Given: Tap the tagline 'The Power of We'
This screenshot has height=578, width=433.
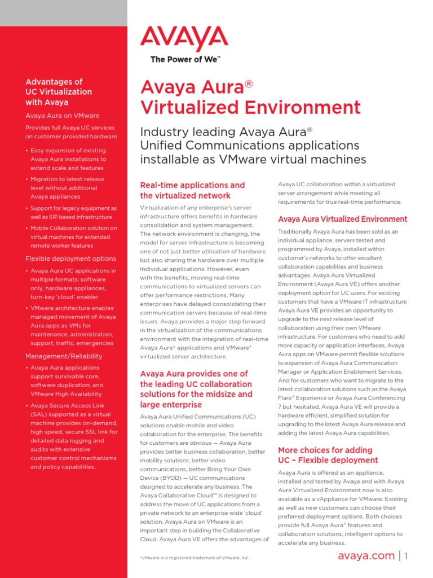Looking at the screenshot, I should coord(185,59).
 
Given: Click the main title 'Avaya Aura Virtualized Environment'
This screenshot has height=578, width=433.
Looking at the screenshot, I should coord(250,97).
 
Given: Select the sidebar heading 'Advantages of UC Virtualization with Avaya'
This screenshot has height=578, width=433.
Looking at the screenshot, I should coord(59,92).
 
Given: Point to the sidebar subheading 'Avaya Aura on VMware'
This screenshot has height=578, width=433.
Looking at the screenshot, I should coord(61,115).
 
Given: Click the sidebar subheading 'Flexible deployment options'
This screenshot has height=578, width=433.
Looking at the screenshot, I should coord(71,259).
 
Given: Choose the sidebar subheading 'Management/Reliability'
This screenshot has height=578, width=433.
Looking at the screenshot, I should coord(64,356).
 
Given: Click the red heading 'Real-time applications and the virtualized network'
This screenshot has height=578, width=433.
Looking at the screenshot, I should coord(192,190).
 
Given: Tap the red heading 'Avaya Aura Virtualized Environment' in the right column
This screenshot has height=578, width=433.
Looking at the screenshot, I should coord(343,219).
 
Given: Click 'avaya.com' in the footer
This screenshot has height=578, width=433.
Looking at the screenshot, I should coord(366,556).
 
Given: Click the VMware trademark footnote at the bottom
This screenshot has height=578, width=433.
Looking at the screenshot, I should coord(194,558).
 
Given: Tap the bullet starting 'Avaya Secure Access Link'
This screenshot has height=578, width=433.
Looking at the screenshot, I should coord(73,436).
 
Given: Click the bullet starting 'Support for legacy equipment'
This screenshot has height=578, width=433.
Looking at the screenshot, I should coord(73,213).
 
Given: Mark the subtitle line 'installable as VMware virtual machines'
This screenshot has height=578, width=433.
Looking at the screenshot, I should coord(253,160).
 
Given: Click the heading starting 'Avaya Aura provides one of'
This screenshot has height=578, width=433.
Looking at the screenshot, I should coord(196,389).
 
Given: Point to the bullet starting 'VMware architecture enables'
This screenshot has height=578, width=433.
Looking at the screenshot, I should coord(73,326).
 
